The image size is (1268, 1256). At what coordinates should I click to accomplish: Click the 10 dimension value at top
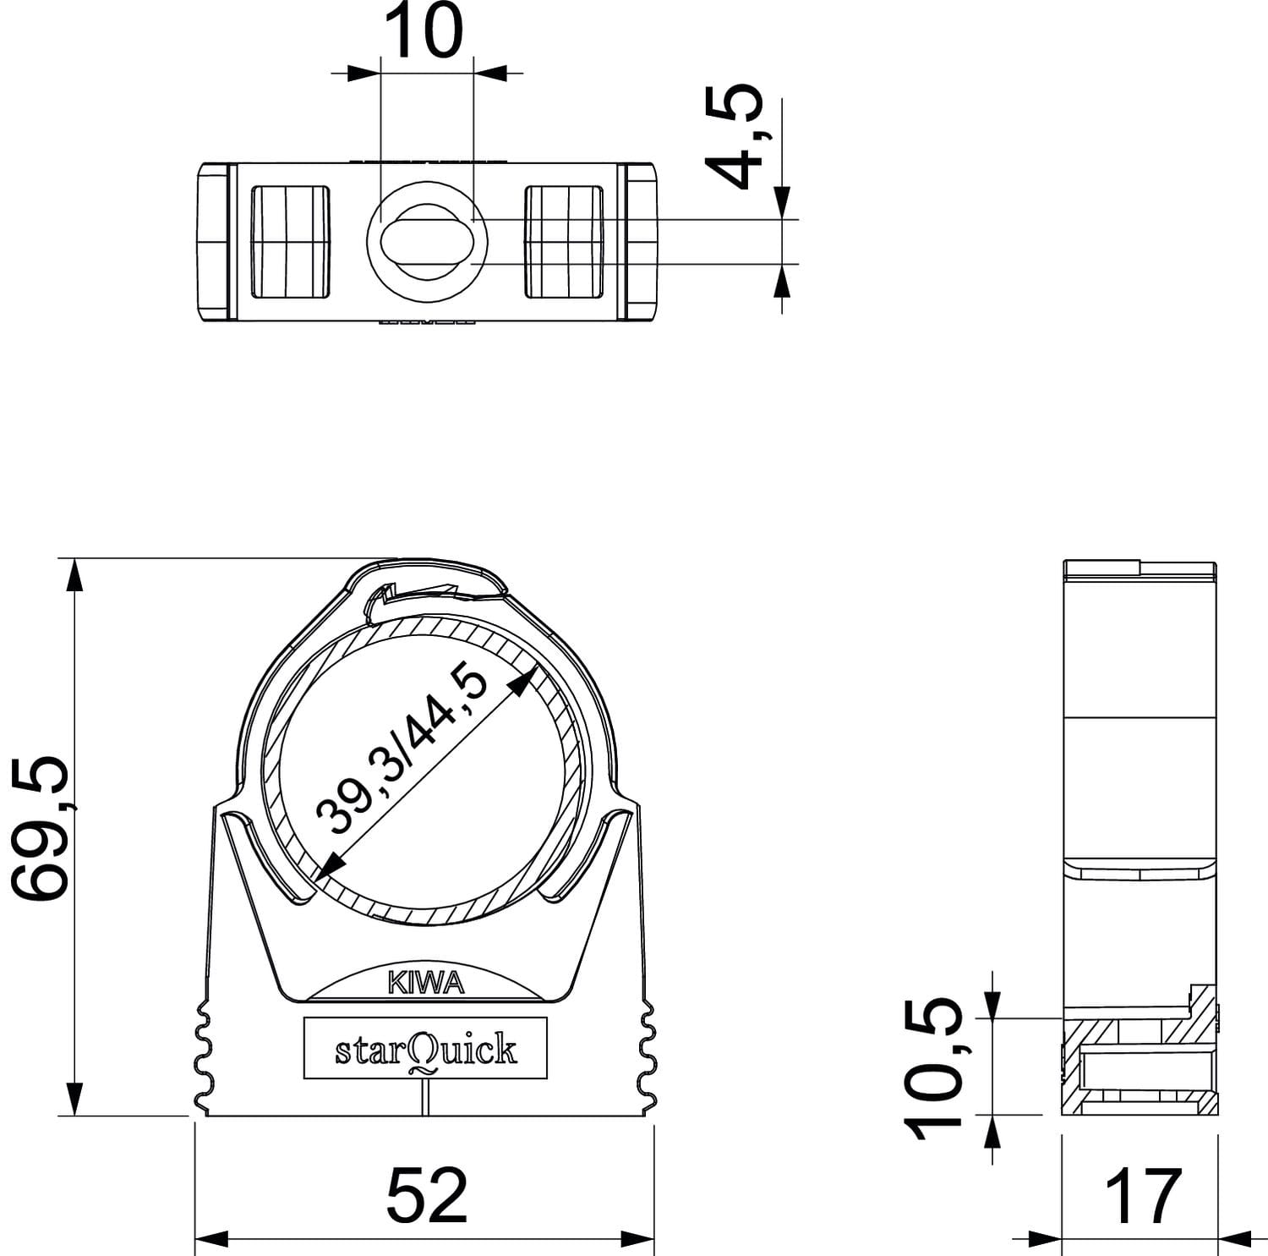(428, 31)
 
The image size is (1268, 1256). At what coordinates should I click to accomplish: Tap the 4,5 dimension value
(733, 134)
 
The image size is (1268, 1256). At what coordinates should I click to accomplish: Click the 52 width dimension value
(427, 1194)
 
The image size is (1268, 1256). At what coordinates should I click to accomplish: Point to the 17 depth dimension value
(1143, 1195)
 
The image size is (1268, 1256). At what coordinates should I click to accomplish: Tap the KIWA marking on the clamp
(426, 983)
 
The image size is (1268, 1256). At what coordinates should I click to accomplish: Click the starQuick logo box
(425, 1049)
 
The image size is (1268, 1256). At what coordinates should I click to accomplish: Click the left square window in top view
(290, 242)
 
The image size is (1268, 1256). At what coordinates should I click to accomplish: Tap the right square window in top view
(564, 242)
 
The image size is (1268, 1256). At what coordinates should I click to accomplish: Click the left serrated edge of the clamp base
(203, 1057)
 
